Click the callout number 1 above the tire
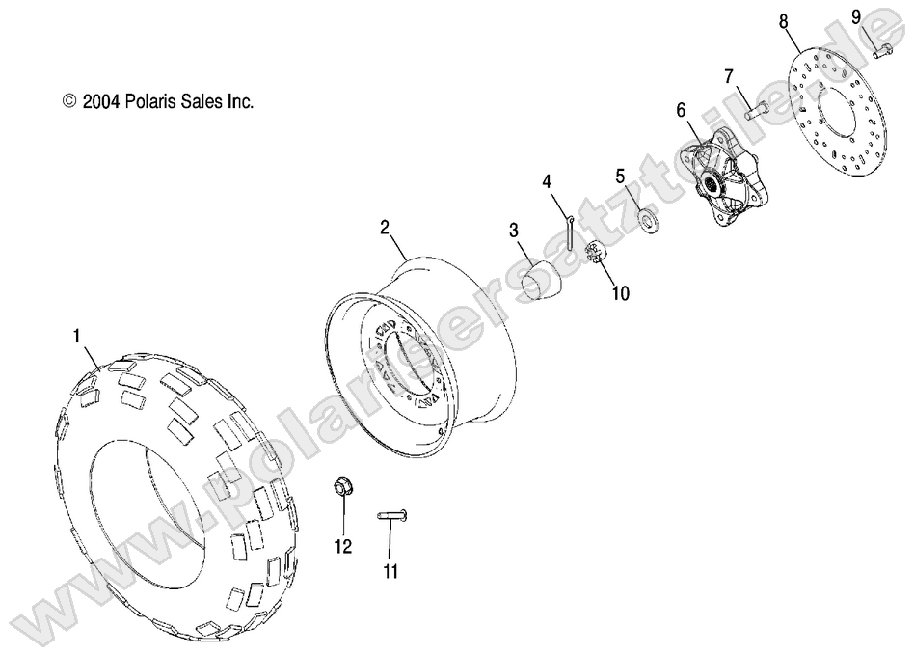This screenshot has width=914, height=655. [x=76, y=337]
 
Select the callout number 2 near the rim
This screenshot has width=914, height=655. [x=385, y=228]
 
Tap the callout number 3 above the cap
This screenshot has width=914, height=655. [x=514, y=231]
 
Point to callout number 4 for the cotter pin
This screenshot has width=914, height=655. [x=546, y=180]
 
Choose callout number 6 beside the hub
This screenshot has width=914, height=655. [x=681, y=111]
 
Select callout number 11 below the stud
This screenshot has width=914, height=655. [x=389, y=571]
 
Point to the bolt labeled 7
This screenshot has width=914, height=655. [x=755, y=107]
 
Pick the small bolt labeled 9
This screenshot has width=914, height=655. [x=882, y=50]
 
